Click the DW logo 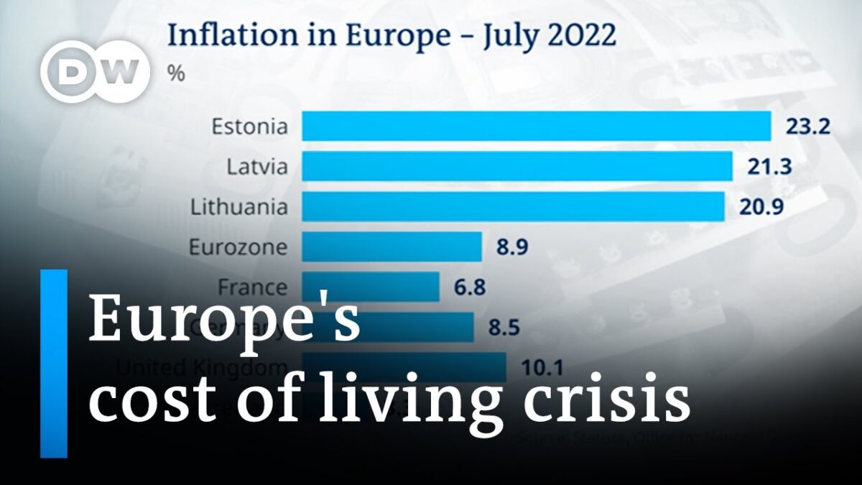tap(95, 72)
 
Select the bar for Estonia tap(536, 126)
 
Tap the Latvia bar tap(516, 167)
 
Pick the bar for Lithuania tap(513, 207)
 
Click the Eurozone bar tap(391, 247)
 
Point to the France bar tap(371, 287)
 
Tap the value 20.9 tap(759, 207)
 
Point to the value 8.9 tap(511, 247)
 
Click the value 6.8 tap(470, 287)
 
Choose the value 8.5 tap(504, 328)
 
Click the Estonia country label tap(249, 127)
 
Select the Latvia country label tap(257, 167)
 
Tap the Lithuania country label tap(239, 207)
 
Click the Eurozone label tap(238, 247)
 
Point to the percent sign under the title tap(175, 75)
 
